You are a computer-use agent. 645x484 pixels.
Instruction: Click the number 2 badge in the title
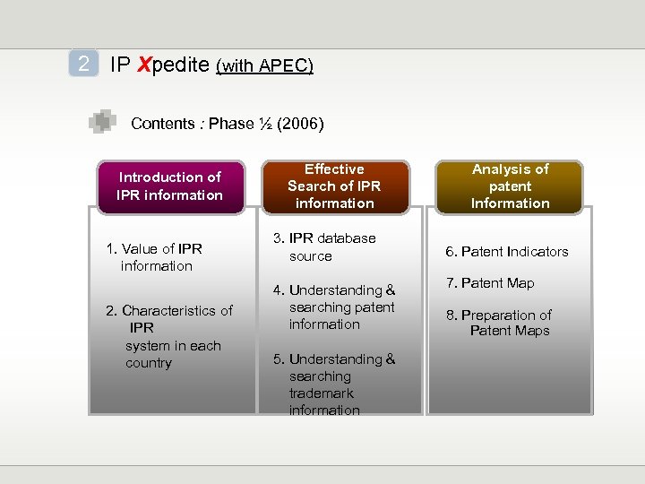click(83, 65)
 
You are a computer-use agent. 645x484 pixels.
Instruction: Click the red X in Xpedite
click(142, 65)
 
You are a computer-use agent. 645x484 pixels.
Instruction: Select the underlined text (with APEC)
click(264, 65)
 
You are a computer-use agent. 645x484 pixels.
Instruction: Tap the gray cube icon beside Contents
click(102, 121)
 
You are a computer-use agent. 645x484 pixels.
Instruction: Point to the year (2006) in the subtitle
click(301, 124)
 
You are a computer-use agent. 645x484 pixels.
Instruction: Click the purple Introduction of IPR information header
click(170, 186)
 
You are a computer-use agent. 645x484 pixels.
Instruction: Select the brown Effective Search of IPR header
click(334, 186)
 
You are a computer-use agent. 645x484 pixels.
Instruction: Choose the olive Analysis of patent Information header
click(510, 186)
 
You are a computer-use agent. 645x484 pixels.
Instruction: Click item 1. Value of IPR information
click(154, 257)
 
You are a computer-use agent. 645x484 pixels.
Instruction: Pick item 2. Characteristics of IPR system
click(168, 336)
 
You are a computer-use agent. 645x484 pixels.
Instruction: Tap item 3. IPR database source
click(323, 247)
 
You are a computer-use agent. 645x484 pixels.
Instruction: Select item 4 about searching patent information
click(333, 307)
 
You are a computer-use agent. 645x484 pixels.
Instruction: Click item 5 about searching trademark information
click(333, 385)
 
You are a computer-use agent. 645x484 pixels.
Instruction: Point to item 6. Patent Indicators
click(508, 252)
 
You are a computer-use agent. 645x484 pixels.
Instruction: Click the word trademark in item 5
click(321, 393)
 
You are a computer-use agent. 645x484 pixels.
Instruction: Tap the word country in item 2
click(149, 363)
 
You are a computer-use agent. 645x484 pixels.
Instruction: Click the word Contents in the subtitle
click(162, 124)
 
